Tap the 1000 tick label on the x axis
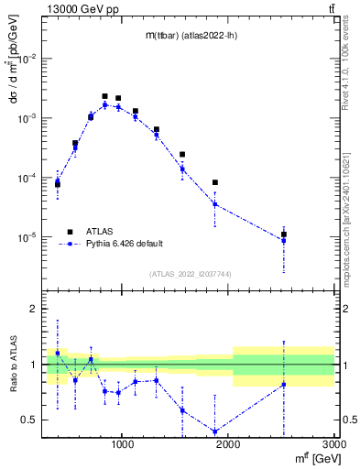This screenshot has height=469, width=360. tap(123, 445)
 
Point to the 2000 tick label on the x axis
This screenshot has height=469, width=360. tap(229, 445)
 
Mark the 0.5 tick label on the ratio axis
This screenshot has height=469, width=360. tap(32, 420)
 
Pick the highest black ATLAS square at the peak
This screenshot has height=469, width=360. tap(104, 96)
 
